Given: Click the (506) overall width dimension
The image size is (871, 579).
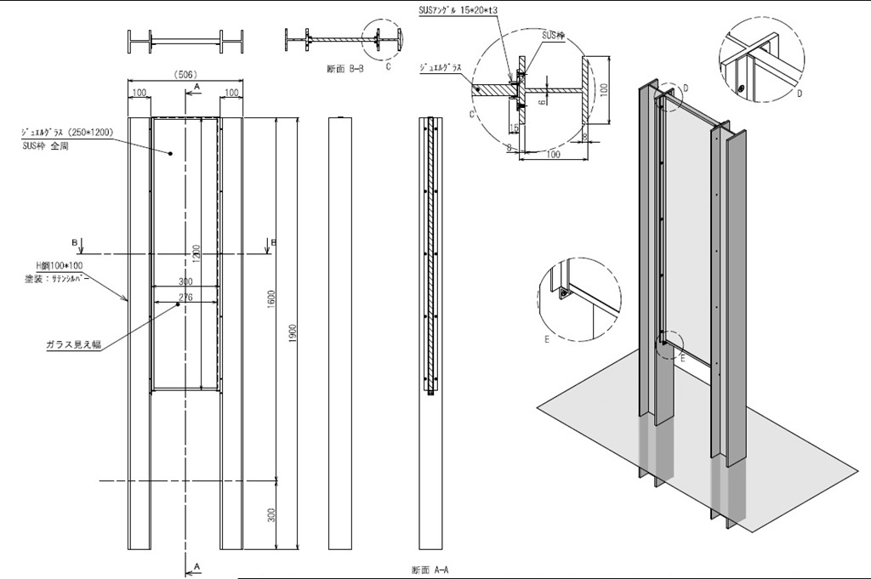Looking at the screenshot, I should coord(185,75).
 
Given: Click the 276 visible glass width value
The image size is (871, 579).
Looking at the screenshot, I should coord(185,297).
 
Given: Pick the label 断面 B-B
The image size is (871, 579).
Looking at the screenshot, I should coord(344,69).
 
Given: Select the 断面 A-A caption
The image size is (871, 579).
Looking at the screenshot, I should coord(430,570).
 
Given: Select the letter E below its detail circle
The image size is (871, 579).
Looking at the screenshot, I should coord(549,338).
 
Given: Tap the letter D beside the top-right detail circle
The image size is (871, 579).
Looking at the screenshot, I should coord(800,93).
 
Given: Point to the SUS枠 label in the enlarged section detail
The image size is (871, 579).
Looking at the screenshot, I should coord(554,36).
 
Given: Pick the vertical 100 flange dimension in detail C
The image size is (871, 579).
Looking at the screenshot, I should coord(605,88).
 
